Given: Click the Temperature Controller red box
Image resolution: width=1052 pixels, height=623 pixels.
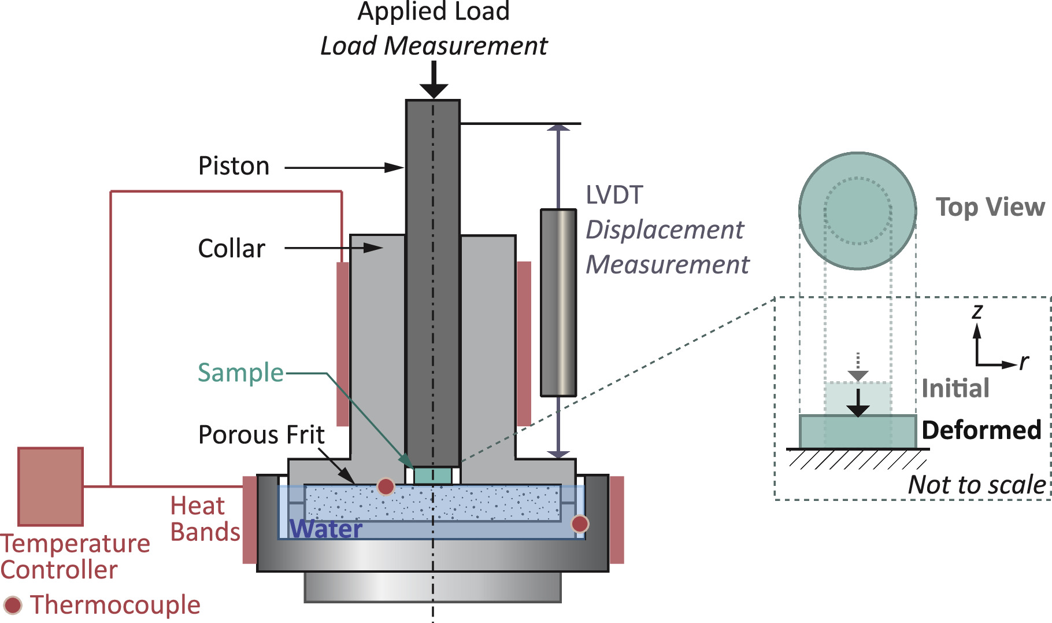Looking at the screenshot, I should tap(50, 486).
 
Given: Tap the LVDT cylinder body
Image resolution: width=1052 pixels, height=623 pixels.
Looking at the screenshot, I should tap(558, 303).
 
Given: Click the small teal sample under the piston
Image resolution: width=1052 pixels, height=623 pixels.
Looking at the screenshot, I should tap(432, 476).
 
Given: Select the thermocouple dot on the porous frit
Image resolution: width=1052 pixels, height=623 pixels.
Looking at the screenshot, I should tap(386, 486).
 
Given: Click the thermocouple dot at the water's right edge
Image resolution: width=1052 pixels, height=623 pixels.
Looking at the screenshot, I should tap(580, 524).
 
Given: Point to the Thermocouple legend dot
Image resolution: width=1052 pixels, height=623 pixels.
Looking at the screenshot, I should tap(12, 605).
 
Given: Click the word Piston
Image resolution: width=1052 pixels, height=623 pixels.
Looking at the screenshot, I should tap(234, 166).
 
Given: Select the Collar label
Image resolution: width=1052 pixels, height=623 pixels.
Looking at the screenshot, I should tap(231, 249).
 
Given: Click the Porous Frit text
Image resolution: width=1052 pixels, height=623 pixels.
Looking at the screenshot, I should tap(261, 435).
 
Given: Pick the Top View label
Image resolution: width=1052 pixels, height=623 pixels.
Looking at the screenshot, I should tap(990, 207).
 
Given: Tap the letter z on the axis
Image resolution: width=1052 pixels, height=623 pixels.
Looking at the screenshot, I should tap(977, 311).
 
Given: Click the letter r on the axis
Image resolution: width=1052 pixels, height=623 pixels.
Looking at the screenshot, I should tap(1024, 362).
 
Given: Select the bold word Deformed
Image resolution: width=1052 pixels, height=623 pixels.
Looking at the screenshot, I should tap(981, 430).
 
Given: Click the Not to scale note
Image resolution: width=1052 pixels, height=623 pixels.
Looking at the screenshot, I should tap(977, 485).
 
